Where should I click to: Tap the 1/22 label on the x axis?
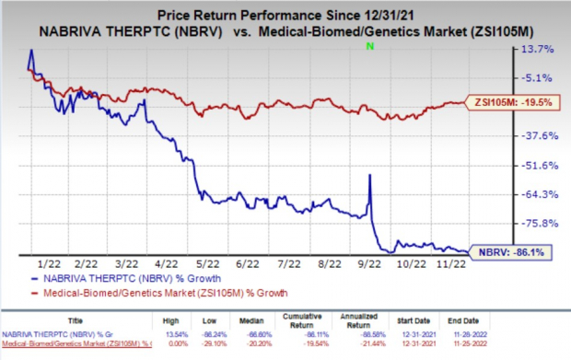click(x=52, y=261)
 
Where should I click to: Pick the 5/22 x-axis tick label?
click(x=207, y=261)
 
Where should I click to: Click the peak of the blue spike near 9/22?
click(x=369, y=175)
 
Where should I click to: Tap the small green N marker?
click(x=369, y=45)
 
